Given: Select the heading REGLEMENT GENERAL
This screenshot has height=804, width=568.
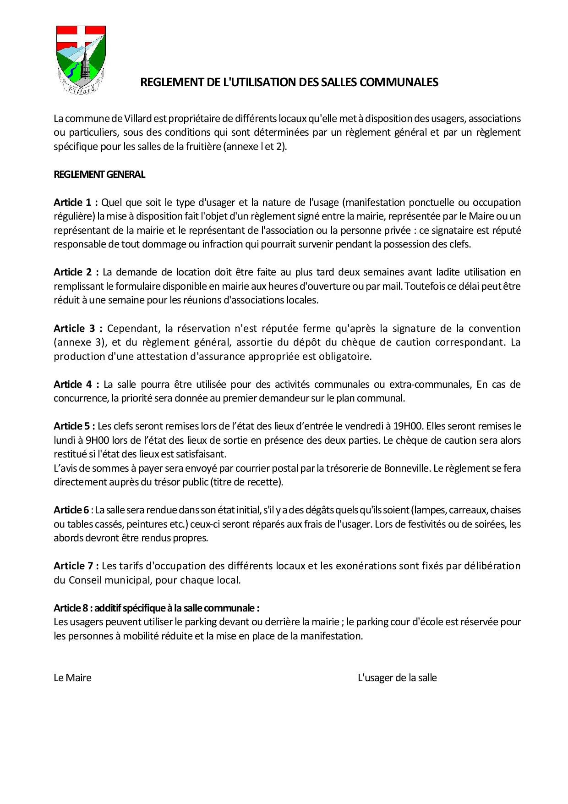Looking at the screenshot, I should pos(99,175).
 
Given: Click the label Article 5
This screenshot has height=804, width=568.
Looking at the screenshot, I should pos(74,426).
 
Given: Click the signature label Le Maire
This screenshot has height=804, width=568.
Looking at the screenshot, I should pos(72,678).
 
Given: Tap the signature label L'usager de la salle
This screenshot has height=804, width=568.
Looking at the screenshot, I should pos(397,678).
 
